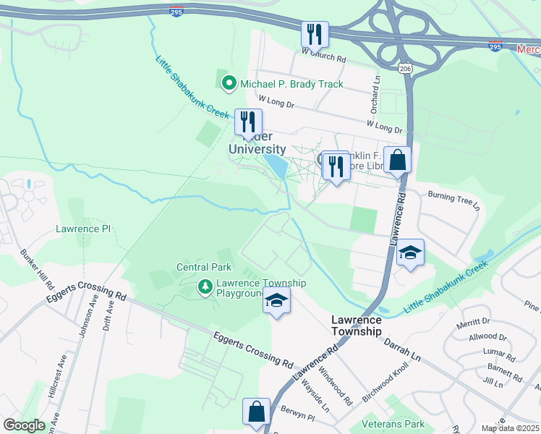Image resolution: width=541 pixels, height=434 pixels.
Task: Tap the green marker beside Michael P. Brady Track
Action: (x=230, y=84)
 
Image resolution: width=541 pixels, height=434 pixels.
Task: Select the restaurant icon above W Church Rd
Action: (x=315, y=33)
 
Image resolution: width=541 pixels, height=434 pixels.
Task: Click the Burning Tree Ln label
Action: (x=453, y=196)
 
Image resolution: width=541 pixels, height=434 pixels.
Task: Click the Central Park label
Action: (x=204, y=267)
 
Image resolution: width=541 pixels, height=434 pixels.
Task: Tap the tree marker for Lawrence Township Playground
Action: (x=206, y=289)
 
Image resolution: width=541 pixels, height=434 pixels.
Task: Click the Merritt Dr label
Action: (x=474, y=321)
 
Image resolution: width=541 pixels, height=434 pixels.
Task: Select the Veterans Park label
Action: (x=414, y=424)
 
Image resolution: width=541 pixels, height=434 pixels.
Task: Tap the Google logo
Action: (x=24, y=425)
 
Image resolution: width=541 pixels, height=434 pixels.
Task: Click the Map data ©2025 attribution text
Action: (x=509, y=428)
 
